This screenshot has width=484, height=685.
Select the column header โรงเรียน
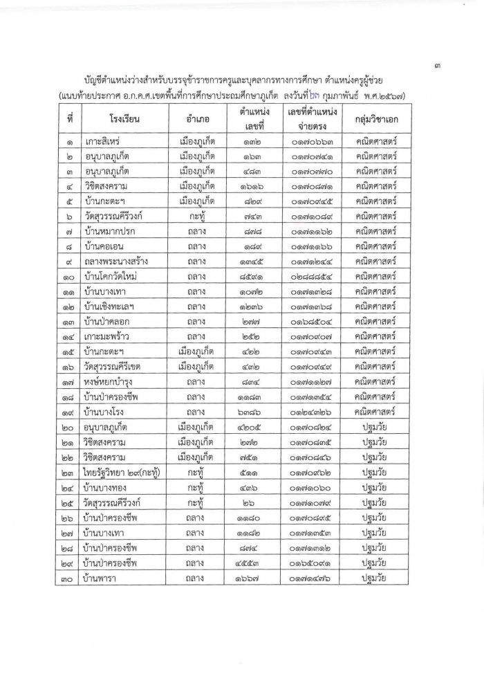125,119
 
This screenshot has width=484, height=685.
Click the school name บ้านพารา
101,578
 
